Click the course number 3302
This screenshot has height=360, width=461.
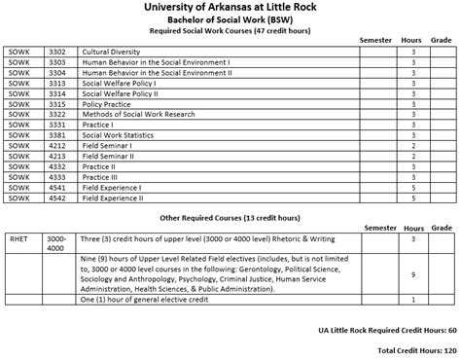[56, 51]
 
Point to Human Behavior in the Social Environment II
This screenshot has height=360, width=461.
[157, 72]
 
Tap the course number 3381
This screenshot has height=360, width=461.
[56, 135]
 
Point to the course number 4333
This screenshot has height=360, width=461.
[56, 177]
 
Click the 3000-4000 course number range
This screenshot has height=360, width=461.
[56, 243]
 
